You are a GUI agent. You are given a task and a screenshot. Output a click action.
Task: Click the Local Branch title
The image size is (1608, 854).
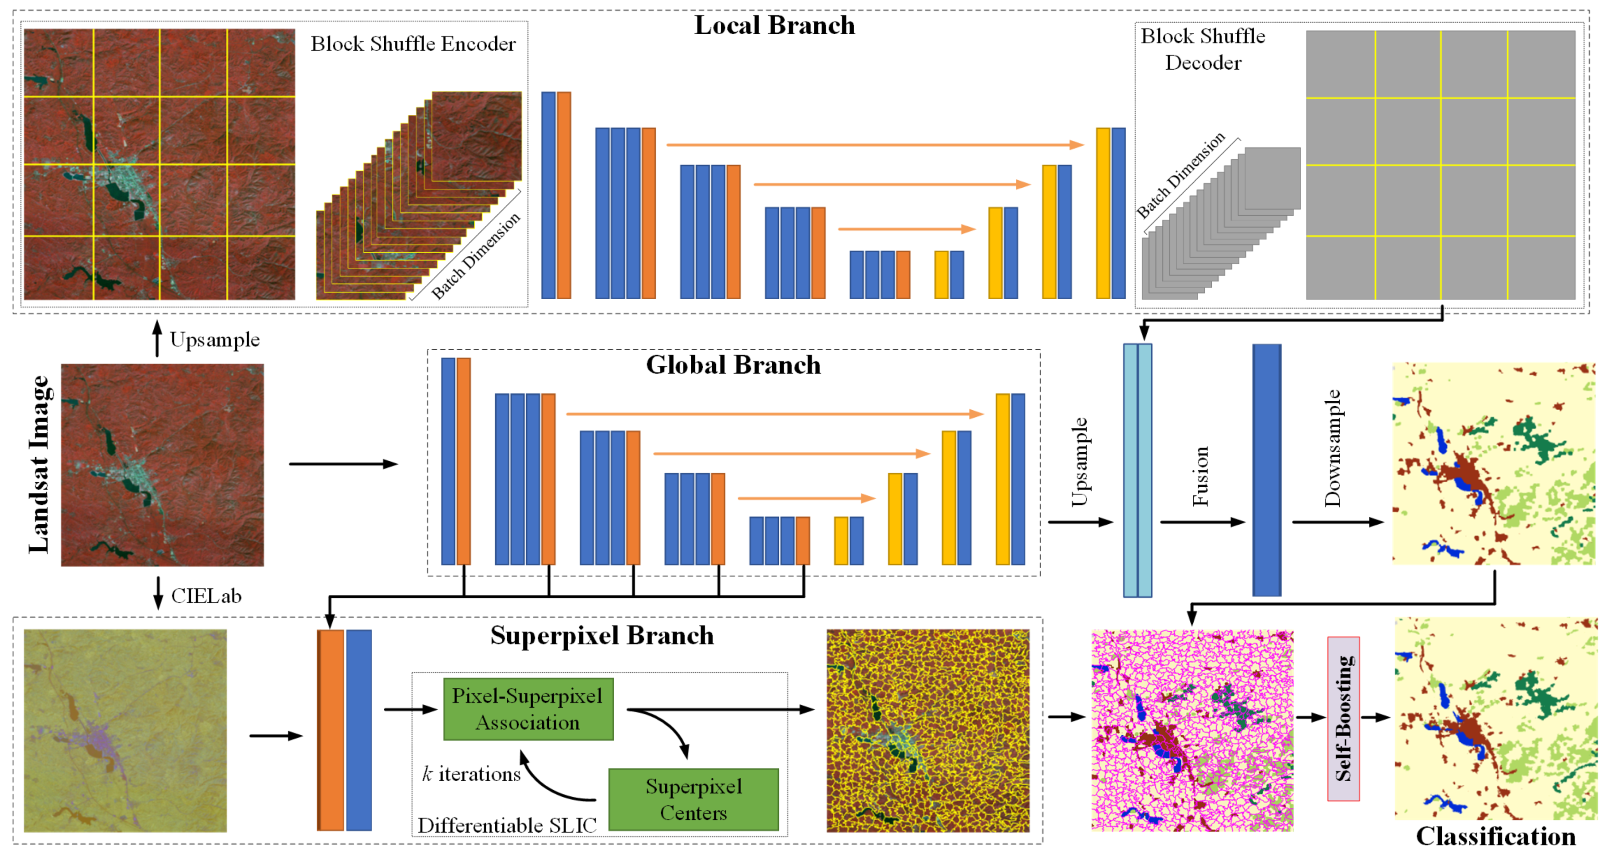click(x=774, y=26)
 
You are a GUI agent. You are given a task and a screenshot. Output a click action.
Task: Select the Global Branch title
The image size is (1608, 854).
click(x=733, y=365)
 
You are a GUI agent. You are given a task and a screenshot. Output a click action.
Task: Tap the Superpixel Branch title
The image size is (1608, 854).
click(x=602, y=636)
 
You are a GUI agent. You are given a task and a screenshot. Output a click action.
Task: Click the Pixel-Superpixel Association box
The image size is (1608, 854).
click(x=528, y=709)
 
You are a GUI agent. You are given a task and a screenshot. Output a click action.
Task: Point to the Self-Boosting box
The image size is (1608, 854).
click(x=1343, y=718)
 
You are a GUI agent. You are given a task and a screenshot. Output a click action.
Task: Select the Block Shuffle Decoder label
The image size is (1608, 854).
click(x=1203, y=49)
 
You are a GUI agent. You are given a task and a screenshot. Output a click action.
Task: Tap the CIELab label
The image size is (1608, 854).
click(x=206, y=596)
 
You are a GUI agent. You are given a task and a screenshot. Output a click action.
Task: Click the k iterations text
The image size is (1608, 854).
click(x=471, y=774)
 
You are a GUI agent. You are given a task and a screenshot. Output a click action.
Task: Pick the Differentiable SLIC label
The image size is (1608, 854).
click(x=507, y=825)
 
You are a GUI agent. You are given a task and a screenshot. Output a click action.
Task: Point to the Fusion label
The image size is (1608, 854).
click(x=1200, y=476)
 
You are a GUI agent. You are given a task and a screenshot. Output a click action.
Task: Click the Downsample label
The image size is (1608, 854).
click(x=1332, y=448)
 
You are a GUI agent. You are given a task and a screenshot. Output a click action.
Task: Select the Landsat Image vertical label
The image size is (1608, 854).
click(x=39, y=464)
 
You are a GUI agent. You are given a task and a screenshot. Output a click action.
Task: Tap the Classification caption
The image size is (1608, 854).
click(x=1496, y=836)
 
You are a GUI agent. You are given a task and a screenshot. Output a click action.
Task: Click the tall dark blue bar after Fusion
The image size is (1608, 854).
click(x=1267, y=470)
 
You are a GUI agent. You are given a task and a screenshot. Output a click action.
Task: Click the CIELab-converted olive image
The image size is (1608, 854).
click(x=125, y=731)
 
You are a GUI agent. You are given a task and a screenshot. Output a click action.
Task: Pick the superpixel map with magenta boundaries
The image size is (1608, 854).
click(x=1192, y=731)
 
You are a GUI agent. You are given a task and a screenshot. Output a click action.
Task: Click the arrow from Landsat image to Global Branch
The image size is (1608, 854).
click(x=343, y=464)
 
